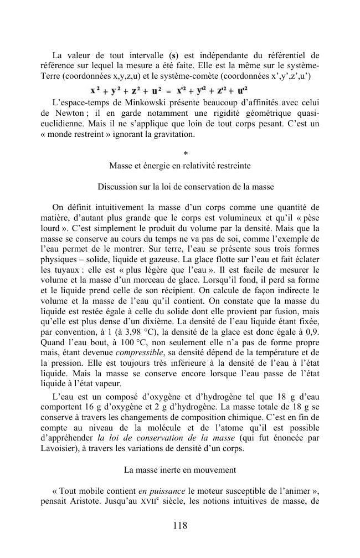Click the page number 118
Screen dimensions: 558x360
180,526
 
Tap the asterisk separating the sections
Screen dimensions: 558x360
180,153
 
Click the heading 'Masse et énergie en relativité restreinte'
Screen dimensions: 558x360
180,165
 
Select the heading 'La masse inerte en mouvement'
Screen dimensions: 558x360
180,469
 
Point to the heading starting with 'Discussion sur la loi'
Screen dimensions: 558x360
180,186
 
